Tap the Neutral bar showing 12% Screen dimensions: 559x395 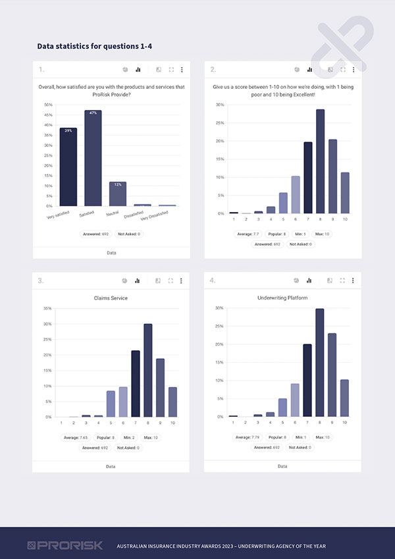pos(118,194)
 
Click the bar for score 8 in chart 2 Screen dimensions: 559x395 pos(321,161)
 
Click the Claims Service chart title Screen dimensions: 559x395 pos(111,298)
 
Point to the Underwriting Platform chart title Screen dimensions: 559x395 pos(282,298)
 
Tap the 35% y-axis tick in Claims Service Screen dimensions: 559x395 pos(47,308)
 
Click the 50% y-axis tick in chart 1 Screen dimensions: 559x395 pos(48,105)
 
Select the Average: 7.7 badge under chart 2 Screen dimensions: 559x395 pos(247,234)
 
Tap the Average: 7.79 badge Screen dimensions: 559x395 pos(248,437)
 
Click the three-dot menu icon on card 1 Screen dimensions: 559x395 pos(182,69)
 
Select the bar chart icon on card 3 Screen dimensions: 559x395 pos(138,280)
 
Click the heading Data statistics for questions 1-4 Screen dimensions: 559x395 pos(95,46)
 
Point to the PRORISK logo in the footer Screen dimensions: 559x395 pos(56,545)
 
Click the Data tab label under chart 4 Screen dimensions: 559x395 pos(282,466)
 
